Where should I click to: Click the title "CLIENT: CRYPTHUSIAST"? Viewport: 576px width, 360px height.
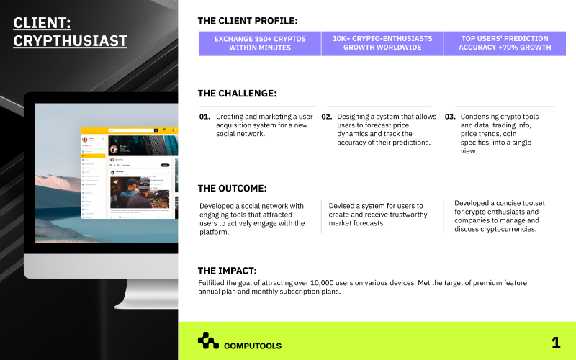coord(70,32)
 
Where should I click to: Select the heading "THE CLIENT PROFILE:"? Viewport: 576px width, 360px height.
coord(247,21)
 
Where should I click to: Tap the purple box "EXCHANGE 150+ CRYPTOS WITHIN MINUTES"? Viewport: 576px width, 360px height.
coord(260,43)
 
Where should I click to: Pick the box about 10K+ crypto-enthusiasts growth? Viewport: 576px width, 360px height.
coord(382,43)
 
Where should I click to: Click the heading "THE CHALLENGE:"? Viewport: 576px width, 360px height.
coord(237,94)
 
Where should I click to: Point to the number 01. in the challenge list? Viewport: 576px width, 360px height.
coord(204,117)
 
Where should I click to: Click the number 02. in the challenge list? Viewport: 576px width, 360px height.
coord(327,117)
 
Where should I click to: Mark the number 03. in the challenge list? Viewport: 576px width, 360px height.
coord(450,117)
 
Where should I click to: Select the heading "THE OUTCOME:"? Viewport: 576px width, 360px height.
coord(232,189)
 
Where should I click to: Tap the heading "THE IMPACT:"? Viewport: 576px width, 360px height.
coord(227,271)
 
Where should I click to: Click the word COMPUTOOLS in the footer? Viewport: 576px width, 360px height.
coord(253,346)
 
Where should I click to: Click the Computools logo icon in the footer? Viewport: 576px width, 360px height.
coord(208,341)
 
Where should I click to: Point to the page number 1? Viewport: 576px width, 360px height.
coord(555,343)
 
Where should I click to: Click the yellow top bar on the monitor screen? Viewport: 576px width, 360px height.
coord(130,130)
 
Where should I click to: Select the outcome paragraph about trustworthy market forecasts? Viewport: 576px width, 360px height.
coord(378,215)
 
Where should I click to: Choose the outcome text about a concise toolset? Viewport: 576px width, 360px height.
coord(497,216)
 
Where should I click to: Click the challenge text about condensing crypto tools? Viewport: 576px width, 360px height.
coord(500,134)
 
